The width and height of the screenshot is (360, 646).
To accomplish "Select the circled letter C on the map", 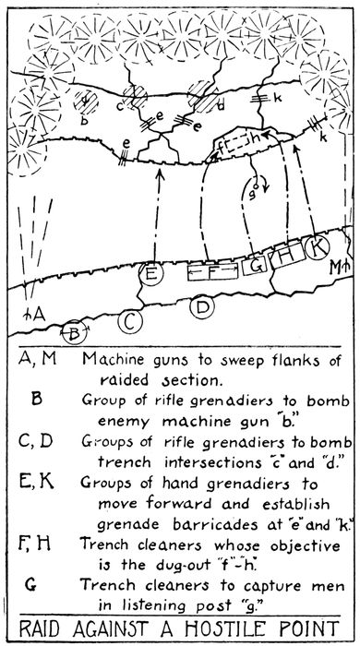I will tap(131, 320).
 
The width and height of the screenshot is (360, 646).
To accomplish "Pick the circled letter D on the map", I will tap(203, 306).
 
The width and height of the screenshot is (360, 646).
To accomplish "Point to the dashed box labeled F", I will tap(209, 271).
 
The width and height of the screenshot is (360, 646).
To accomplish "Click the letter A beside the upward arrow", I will tap(38, 314).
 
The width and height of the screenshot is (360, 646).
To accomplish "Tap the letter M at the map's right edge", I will tap(334, 268).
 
